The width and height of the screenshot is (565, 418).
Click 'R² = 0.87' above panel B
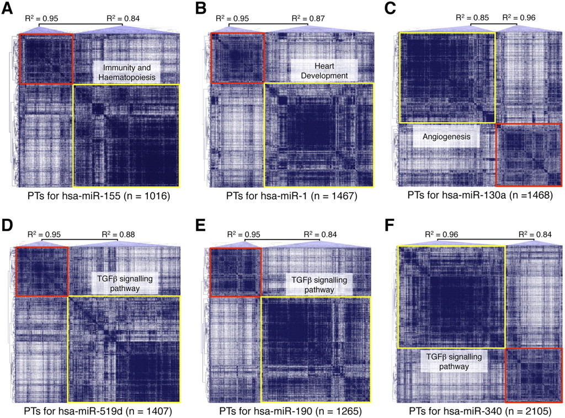(x=311, y=19)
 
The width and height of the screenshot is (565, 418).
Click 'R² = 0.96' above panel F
(x=437, y=234)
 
